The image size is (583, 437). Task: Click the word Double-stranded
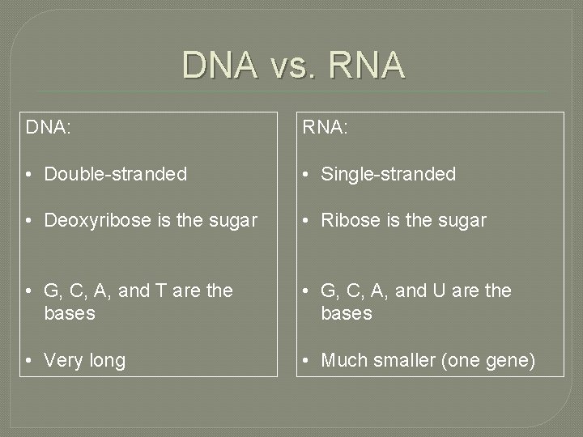pyautogui.click(x=116, y=174)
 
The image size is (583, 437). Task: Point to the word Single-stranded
pyautogui.click(x=388, y=174)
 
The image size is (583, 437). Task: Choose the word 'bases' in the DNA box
pyautogui.click(x=70, y=312)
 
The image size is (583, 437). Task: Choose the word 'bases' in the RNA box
pyautogui.click(x=346, y=312)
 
